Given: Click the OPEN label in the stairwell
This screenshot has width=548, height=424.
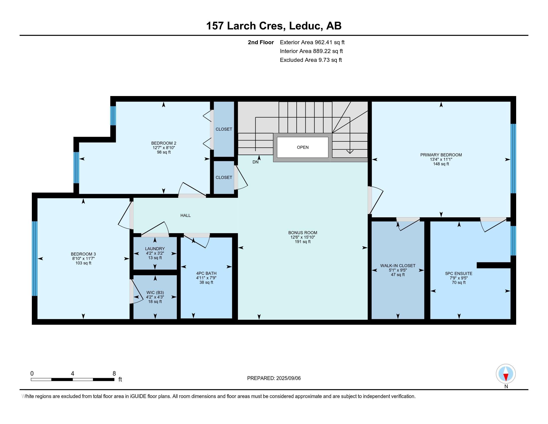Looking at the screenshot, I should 303,147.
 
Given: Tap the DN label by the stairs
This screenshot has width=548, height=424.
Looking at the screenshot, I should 255,162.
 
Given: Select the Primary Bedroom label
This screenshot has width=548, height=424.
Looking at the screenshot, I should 441,155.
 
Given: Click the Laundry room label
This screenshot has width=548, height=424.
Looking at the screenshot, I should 155,249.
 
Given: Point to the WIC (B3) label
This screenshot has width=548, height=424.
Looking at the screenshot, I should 155,293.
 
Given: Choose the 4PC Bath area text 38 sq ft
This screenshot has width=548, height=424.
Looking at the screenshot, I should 206,282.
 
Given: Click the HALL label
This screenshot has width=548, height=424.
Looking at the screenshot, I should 185,215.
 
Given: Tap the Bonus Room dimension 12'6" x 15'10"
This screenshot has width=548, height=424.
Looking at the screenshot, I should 303,237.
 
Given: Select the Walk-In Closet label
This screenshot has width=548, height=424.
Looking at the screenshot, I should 398,266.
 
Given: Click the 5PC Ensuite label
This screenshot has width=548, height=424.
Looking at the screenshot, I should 459,274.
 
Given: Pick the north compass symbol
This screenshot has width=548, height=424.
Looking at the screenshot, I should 506,374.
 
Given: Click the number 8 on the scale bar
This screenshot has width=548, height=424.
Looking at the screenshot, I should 114,374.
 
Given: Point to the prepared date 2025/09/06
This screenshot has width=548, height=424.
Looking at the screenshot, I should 288,378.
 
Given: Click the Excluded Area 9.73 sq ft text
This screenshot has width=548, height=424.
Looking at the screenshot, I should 311,60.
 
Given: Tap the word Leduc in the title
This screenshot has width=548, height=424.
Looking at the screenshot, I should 306,26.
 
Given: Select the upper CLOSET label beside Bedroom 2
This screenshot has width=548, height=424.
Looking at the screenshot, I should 224,129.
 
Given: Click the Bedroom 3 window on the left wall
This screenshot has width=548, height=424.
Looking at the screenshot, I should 35,258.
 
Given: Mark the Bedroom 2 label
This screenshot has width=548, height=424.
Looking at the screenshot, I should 164,143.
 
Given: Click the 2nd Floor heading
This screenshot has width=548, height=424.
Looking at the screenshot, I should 261,42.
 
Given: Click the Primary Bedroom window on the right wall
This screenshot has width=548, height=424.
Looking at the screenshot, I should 513,158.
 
